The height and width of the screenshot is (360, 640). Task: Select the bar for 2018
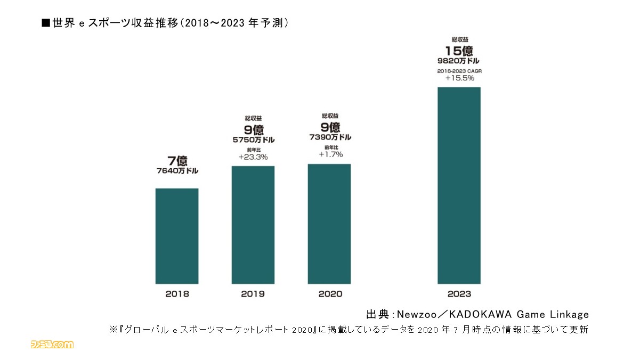(x=177, y=236)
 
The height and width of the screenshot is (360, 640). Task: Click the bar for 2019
(x=253, y=225)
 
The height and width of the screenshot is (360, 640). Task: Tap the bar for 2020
(x=329, y=224)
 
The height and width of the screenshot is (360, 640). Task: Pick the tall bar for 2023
(x=459, y=185)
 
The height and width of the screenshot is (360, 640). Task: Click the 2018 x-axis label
(x=177, y=293)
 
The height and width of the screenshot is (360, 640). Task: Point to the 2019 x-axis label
(x=253, y=293)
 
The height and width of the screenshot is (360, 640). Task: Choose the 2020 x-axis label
(x=329, y=293)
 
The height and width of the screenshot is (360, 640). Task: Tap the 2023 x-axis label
(x=459, y=293)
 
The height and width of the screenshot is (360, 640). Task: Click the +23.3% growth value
(x=253, y=157)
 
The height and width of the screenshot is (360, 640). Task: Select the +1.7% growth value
(x=330, y=154)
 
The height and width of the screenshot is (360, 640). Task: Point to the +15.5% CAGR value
(x=459, y=78)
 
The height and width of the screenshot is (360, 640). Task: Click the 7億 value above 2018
(x=177, y=160)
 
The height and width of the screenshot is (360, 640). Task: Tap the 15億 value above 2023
(x=459, y=51)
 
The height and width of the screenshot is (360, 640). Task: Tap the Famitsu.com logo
(x=52, y=345)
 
